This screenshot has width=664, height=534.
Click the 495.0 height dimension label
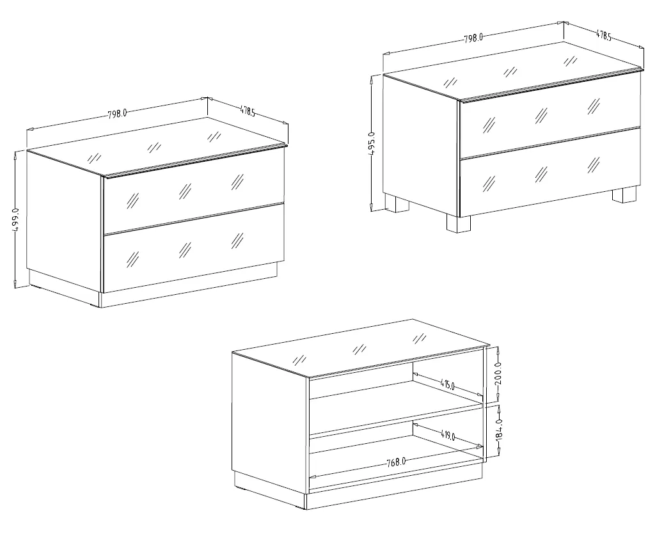point(372,143)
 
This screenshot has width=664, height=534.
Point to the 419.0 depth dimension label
point(448,436)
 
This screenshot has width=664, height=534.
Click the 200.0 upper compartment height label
point(498,373)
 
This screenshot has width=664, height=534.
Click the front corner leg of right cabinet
point(458,224)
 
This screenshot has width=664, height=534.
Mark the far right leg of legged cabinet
point(625,194)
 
